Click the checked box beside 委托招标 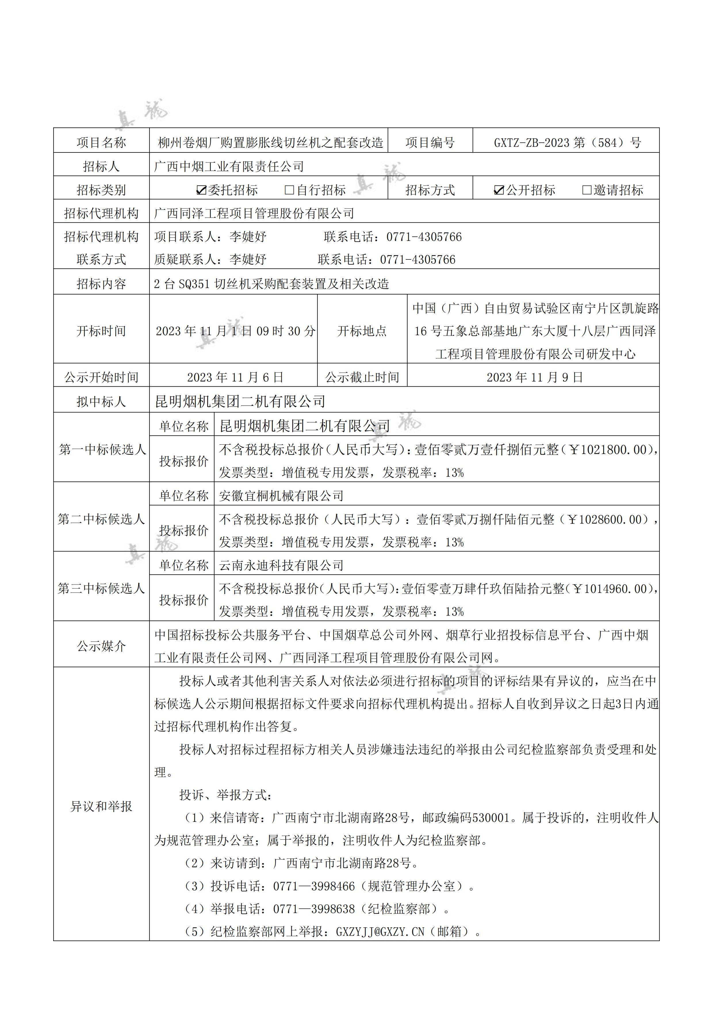[201, 190]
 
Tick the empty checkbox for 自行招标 [289, 190]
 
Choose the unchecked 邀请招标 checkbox [586, 190]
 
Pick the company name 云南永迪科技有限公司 [281, 565]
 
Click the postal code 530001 [490, 818]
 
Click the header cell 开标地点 [362, 331]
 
